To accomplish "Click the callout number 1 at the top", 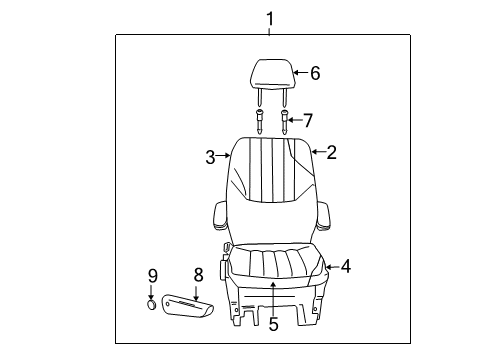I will click(x=267, y=18).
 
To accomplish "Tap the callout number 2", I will click(x=331, y=152).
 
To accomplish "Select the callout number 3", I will click(x=211, y=156).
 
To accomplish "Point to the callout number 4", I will click(x=345, y=266).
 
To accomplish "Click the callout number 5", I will click(x=272, y=323).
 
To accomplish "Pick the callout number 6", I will click(x=314, y=73).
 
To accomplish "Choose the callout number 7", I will click(x=307, y=120).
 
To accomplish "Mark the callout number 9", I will click(x=153, y=275).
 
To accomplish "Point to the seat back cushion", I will click(x=267, y=190).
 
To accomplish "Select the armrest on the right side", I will click(x=326, y=216).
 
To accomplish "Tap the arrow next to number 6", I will click(x=297, y=73).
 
